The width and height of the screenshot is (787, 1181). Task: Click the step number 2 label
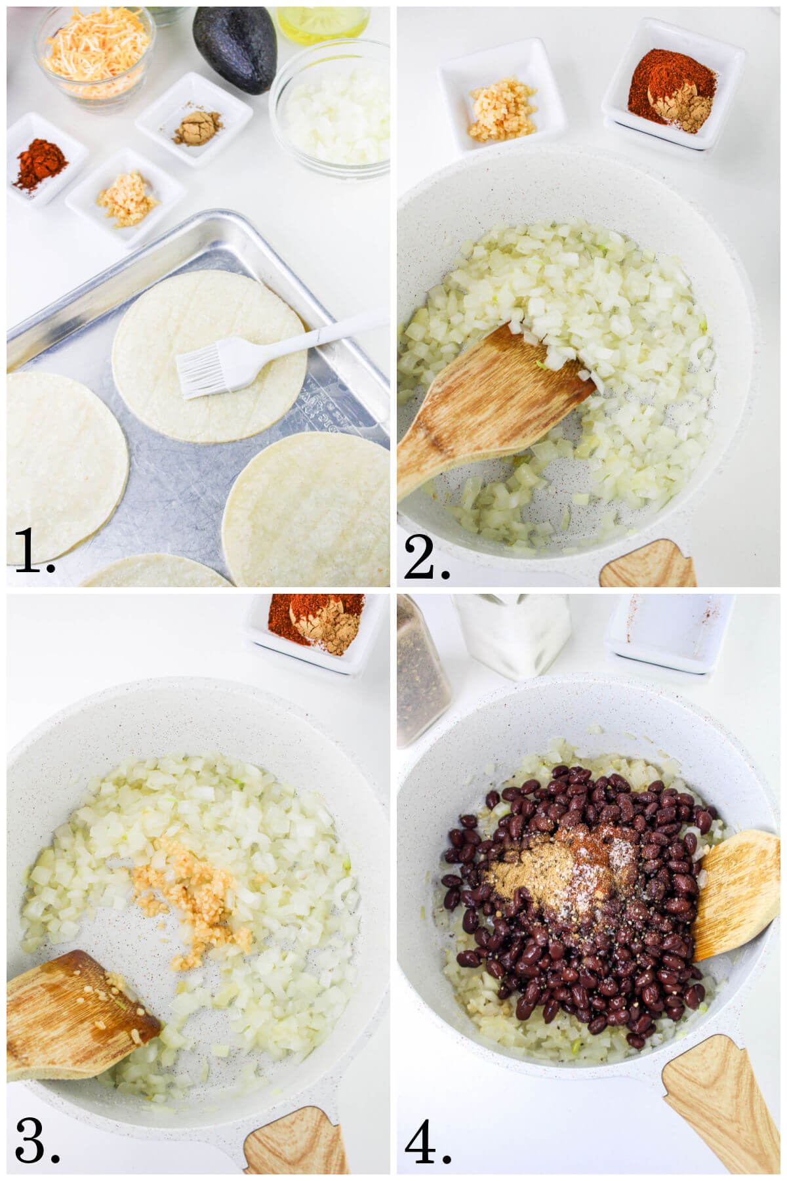(426, 558)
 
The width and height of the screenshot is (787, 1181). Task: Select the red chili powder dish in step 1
(43, 161)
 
